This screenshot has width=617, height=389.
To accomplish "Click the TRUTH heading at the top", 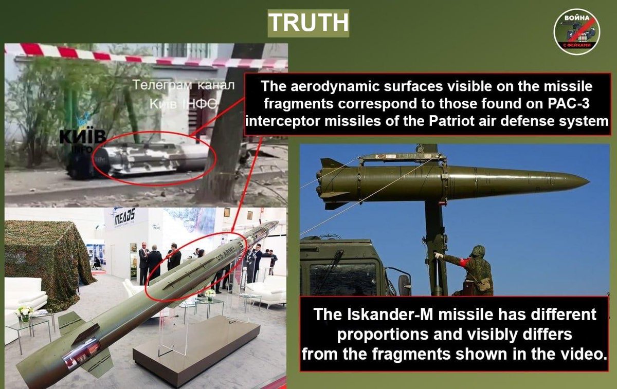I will coord(308,23).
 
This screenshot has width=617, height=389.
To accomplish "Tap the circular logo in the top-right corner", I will coord(577,31).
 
